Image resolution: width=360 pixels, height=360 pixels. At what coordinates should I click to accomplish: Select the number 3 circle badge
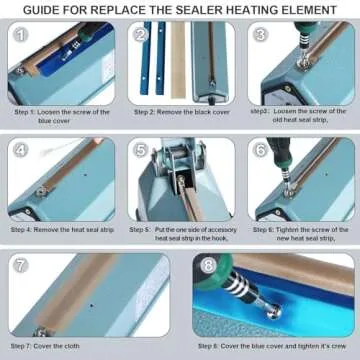point(262,35)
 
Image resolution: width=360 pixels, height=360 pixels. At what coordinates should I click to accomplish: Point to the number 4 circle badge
point(21,151)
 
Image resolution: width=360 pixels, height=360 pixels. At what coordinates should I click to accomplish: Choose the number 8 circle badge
point(208,267)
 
